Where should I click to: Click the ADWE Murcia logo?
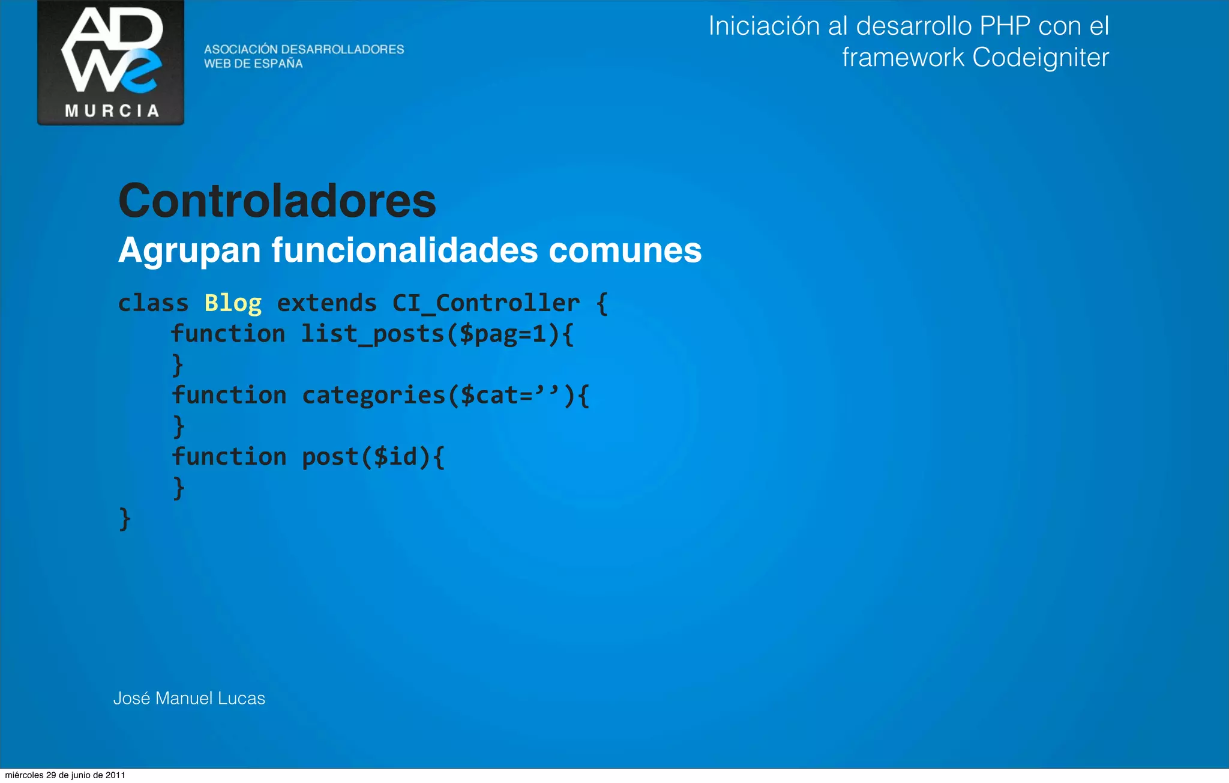[x=111, y=62]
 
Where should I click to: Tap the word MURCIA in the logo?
[x=112, y=111]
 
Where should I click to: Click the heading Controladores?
[x=277, y=201]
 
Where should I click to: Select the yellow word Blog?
[x=233, y=303]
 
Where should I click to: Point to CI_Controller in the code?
[x=486, y=303]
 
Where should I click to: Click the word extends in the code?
[x=326, y=303]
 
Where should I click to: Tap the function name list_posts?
[x=372, y=334]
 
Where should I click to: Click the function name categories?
[x=373, y=395]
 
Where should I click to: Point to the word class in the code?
[x=153, y=303]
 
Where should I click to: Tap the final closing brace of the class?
[x=125, y=518]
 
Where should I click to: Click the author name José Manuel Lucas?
[x=189, y=698]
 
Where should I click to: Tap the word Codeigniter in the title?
[x=1040, y=58]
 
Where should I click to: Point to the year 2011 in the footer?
[x=115, y=775]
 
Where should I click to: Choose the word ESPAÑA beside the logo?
[x=278, y=64]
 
